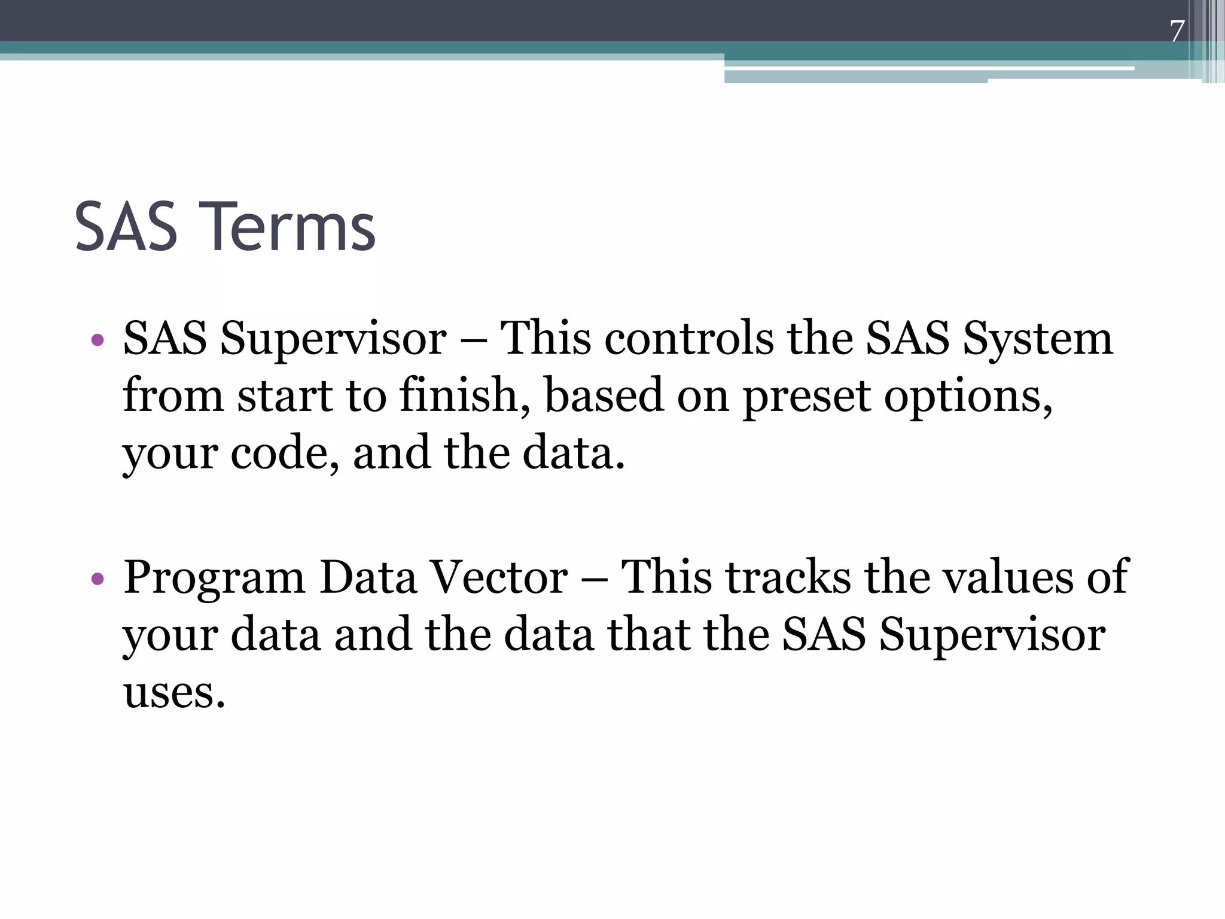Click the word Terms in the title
click(x=291, y=227)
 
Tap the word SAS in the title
click(x=126, y=227)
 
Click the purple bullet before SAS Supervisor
click(x=97, y=341)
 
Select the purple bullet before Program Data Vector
click(x=97, y=579)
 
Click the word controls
click(x=689, y=339)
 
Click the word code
click(x=285, y=454)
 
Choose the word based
click(x=604, y=396)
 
